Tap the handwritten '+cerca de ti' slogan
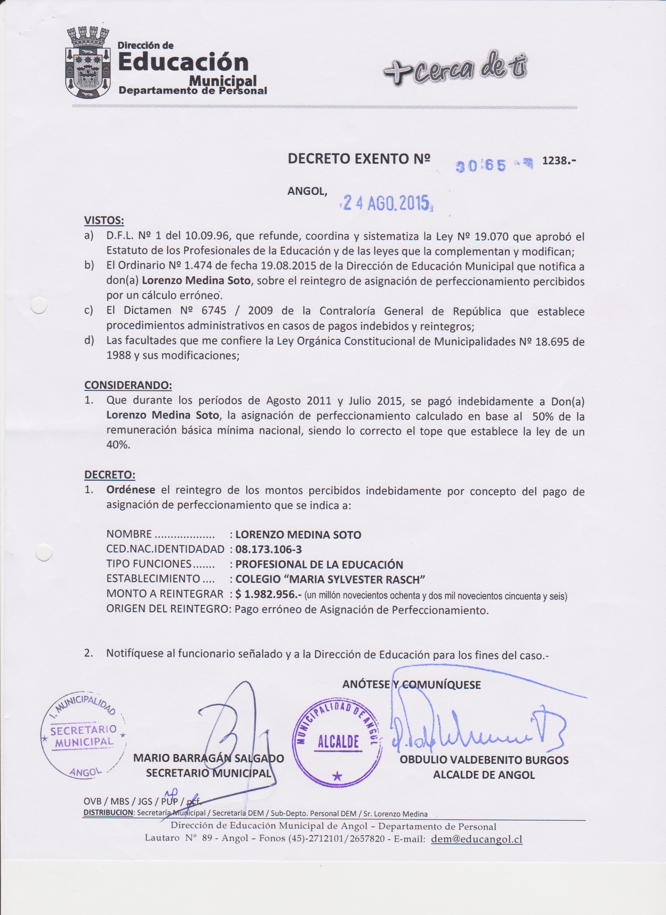[455, 68]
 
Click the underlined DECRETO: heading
[110, 474]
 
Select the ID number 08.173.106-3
[268, 549]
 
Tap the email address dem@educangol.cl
[477, 839]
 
